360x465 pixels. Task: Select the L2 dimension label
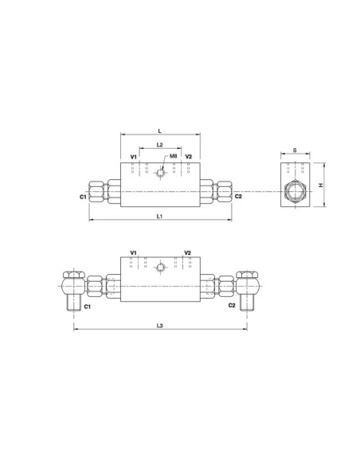160,145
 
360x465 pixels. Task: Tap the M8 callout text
173,157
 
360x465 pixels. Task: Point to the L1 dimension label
160,216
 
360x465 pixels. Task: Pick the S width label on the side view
294,149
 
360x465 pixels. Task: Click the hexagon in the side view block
294,191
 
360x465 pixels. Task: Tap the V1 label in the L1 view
133,158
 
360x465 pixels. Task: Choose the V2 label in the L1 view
188,158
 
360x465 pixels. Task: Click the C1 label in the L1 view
83,196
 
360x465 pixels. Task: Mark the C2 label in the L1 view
237,196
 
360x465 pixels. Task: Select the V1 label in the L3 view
133,252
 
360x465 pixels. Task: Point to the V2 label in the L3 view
188,252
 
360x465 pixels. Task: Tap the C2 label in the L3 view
232,304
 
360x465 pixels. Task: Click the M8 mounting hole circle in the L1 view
160,172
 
